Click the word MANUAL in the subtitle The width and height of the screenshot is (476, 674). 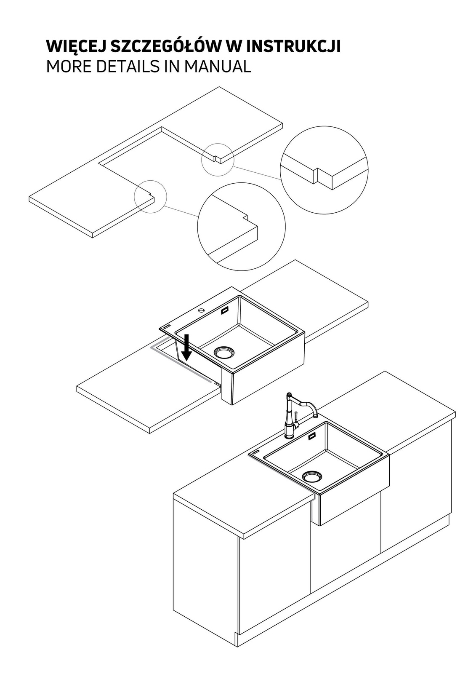218,67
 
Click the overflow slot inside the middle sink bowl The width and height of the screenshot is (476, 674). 225,311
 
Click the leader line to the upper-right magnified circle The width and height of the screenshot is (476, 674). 258,173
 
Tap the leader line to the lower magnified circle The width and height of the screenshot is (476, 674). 181,211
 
